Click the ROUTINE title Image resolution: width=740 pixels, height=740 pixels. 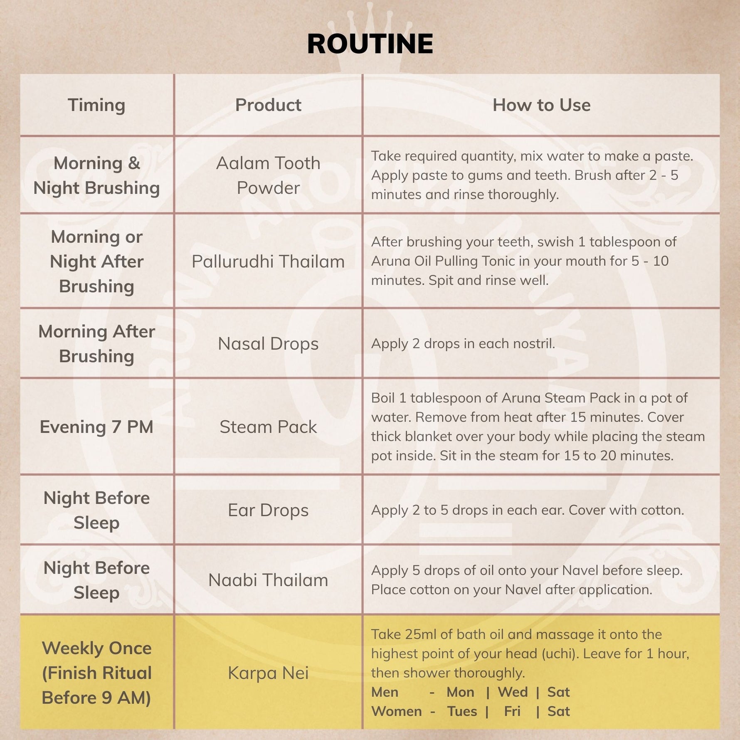coord(370,44)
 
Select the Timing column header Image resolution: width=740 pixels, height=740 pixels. coord(96,105)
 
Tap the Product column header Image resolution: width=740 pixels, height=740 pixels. coord(268,105)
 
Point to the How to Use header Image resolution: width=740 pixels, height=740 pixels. coord(541,105)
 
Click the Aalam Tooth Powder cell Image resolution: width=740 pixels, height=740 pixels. coord(268,175)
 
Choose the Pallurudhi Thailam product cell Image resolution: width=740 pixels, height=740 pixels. coord(268,261)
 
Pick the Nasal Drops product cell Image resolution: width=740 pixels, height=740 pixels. coord(268,343)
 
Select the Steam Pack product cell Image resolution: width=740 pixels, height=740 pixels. coord(268,427)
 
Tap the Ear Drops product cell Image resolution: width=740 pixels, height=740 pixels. coord(268,510)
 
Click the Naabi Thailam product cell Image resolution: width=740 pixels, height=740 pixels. coord(268,580)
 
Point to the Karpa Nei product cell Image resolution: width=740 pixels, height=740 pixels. coord(268,673)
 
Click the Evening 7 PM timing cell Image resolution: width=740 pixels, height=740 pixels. coord(96,427)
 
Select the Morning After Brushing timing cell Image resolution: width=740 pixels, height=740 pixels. coord(96,343)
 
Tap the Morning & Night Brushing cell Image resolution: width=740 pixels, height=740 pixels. coord(96,175)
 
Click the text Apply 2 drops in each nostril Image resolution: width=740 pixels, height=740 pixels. coord(463,343)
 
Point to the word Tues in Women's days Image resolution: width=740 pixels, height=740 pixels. coord(462,711)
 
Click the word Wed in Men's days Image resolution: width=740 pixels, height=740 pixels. coord(513,692)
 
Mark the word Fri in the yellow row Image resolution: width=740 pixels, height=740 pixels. coord(512,711)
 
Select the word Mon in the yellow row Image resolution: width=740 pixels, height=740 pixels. coord(460,692)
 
